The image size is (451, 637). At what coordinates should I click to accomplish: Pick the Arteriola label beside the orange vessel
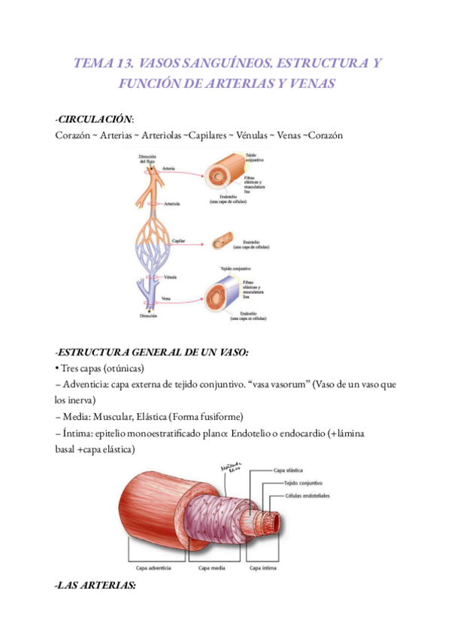pyautogui.click(x=174, y=204)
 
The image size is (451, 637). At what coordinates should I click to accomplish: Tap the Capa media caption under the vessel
pyautogui.click(x=211, y=568)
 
